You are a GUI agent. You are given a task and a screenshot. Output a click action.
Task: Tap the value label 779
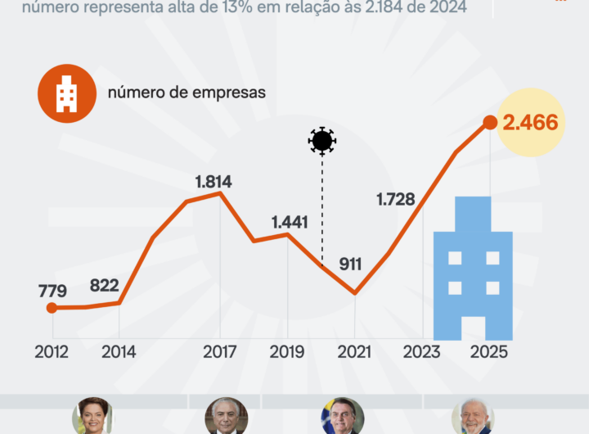52,291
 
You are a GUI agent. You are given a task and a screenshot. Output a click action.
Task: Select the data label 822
104,286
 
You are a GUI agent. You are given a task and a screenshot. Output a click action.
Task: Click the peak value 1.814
214,182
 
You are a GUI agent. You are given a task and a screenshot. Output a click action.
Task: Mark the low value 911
350,264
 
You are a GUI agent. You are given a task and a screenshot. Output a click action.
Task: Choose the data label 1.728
395,199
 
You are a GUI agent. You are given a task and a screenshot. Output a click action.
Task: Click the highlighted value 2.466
530,123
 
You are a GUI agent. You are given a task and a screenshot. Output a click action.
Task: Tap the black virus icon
322,141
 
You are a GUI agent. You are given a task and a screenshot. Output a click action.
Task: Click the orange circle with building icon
66,93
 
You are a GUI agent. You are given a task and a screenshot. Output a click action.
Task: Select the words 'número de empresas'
187,93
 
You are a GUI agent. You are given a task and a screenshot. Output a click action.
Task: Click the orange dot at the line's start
52,308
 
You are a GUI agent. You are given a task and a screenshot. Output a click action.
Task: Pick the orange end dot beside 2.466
490,122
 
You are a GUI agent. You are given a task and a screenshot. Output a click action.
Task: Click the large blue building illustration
473,270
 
